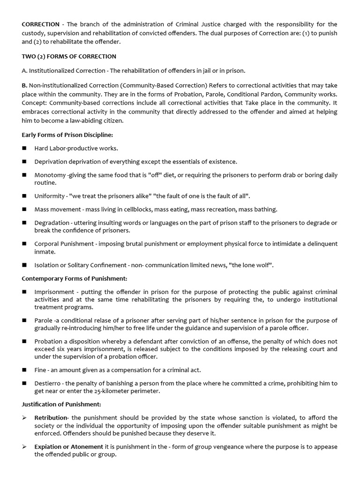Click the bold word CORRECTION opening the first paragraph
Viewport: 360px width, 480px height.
[41, 24]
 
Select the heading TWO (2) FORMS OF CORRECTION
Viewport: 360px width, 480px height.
[69, 56]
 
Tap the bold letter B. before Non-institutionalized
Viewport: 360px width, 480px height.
[25, 85]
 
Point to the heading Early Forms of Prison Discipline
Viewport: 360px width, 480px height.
[67, 135]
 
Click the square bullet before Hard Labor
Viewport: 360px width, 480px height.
[24, 148]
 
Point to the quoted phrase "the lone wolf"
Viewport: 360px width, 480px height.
[251, 265]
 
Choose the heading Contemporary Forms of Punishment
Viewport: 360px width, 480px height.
[75, 278]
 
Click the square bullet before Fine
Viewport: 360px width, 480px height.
[24, 370]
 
